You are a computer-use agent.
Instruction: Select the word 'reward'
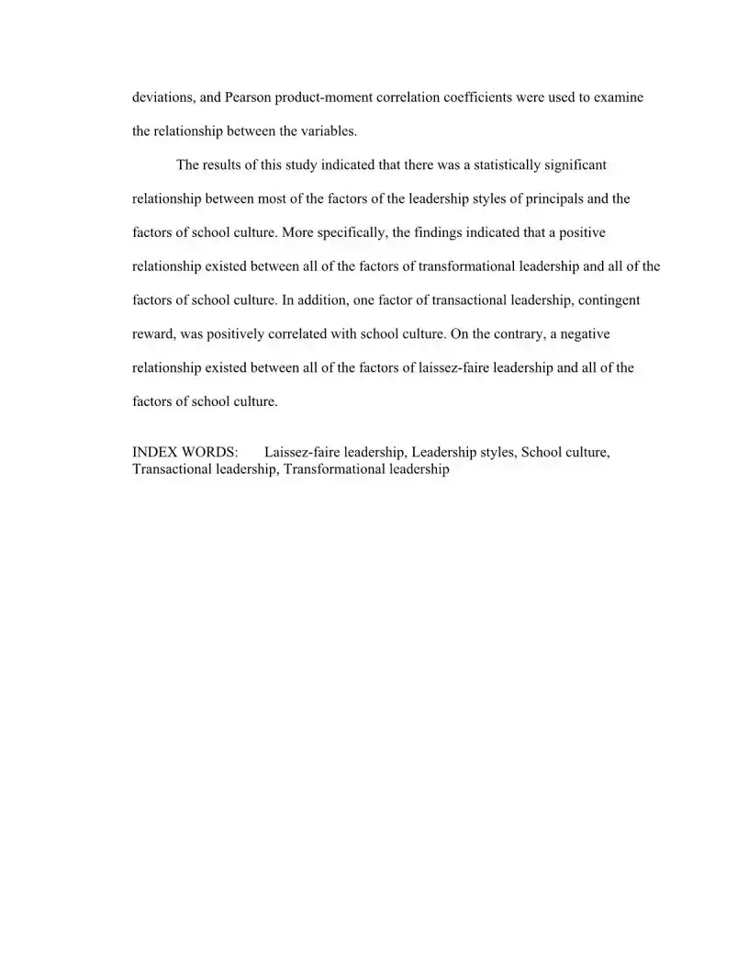(x=152, y=334)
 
